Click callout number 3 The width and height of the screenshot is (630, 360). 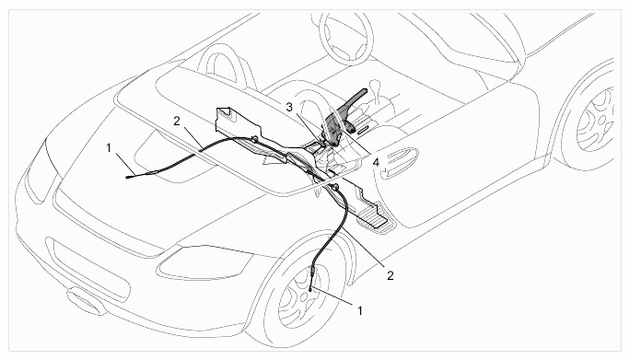click(290, 108)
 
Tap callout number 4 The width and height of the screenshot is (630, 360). click(376, 163)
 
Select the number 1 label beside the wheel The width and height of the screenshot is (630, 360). click(360, 310)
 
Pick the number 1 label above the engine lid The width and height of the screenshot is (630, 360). click(109, 148)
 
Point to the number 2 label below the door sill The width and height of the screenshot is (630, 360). click(391, 275)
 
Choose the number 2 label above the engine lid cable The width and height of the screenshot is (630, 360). click(177, 121)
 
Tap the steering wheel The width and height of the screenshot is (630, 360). click(345, 37)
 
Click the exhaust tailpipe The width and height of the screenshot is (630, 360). click(85, 300)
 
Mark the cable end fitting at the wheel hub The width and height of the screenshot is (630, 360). click(310, 288)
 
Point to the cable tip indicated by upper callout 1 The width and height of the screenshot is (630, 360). click(129, 177)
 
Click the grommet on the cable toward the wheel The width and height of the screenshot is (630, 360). click(334, 187)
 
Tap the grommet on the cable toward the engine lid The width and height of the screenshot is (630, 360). click(254, 139)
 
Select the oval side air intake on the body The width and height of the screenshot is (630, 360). click(398, 163)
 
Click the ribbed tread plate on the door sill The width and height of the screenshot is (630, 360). click(375, 217)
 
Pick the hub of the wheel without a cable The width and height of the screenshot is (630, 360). click(601, 120)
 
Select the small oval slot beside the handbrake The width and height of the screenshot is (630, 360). click(363, 130)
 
